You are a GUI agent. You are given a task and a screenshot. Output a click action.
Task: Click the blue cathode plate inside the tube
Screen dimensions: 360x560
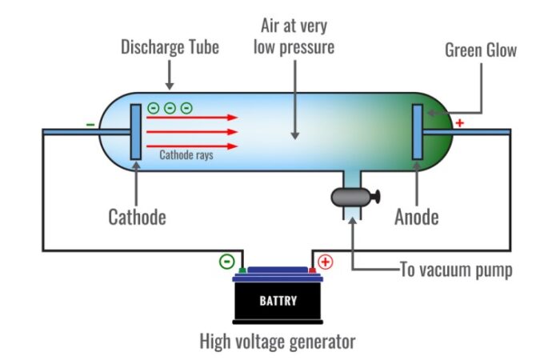click(x=134, y=130)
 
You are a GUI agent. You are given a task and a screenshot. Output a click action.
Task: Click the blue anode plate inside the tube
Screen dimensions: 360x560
click(x=418, y=130)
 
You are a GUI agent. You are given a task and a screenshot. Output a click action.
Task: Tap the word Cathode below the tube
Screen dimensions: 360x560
click(x=137, y=217)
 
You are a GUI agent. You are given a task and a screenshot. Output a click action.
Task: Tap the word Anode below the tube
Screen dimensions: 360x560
click(x=417, y=217)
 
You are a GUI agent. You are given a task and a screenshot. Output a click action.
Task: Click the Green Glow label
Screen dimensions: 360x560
click(x=480, y=50)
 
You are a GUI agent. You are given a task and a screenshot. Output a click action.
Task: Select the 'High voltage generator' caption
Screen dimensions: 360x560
click(x=277, y=342)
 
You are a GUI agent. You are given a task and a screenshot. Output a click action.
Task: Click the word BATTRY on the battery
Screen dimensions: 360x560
click(x=278, y=302)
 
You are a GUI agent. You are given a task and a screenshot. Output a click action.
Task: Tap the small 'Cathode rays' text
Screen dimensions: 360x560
click(x=186, y=155)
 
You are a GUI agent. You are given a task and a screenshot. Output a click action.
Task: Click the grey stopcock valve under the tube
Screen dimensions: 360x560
click(x=353, y=195)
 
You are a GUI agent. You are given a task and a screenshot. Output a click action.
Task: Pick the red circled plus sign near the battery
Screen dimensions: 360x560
click(x=326, y=262)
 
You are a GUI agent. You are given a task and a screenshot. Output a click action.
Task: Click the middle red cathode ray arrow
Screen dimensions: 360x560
click(x=192, y=131)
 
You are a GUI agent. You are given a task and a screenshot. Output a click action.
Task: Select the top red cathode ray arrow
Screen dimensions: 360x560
click(x=192, y=117)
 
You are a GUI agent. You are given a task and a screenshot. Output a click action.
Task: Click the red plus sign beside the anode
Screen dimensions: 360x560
click(x=459, y=122)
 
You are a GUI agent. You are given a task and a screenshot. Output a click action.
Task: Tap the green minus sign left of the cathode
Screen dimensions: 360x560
click(x=90, y=125)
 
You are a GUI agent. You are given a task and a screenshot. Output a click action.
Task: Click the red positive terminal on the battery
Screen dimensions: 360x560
click(x=312, y=270)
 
